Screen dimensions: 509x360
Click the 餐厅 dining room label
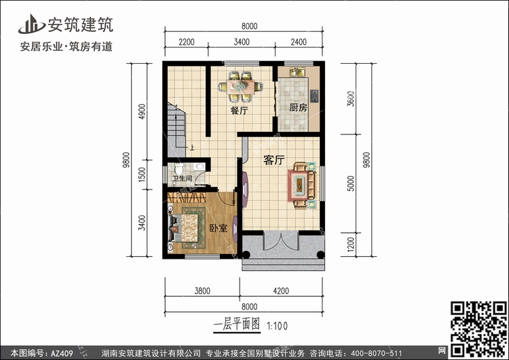pyautogui.click(x=239, y=111)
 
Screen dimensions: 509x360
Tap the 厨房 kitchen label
pyautogui.click(x=299, y=107)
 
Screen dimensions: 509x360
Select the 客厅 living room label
pyautogui.click(x=274, y=160)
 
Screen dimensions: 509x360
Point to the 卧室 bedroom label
pyautogui.click(x=218, y=228)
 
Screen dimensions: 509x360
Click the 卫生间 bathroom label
pyautogui.click(x=182, y=179)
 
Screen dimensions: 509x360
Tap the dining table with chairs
pyautogui.click(x=240, y=86)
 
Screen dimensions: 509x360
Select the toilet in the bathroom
pyautogui.click(x=178, y=168)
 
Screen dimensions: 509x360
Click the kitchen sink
pyautogui.click(x=297, y=72)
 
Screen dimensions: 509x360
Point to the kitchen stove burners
pyautogui.click(x=314, y=96)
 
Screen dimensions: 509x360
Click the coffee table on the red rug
pyautogui.click(x=299, y=185)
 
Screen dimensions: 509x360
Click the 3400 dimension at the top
pyautogui.click(x=242, y=42)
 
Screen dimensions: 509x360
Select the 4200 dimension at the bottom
pyautogui.click(x=281, y=291)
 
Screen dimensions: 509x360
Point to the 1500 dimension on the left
pyautogui.click(x=142, y=175)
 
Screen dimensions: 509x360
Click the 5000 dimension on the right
pyautogui.click(x=351, y=183)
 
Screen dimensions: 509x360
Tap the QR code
pyautogui.click(x=478, y=329)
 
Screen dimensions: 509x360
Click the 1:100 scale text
pyautogui.click(x=277, y=326)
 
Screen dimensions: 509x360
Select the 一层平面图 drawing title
pyautogui.click(x=237, y=324)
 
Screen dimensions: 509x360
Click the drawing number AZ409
pyautogui.click(x=62, y=353)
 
